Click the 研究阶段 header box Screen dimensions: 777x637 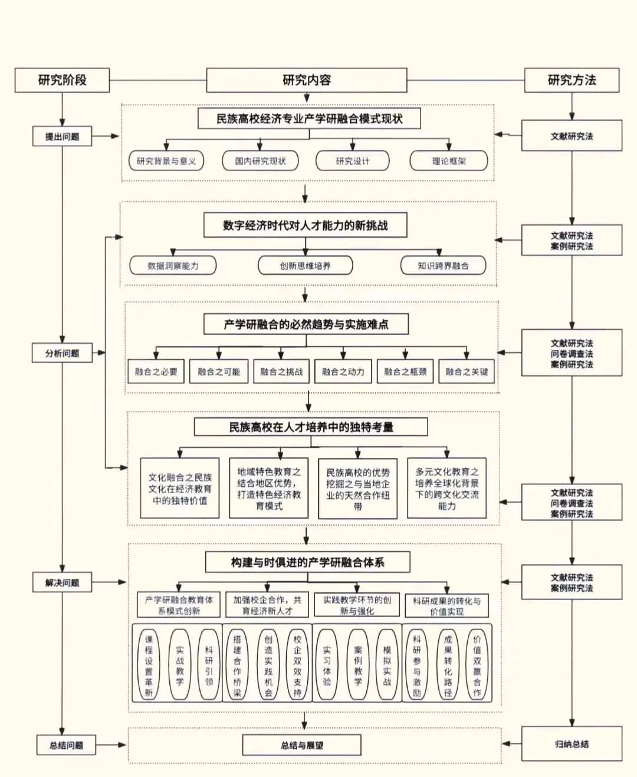[62, 80]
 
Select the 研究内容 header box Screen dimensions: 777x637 [306, 80]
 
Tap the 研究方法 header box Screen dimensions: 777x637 [572, 80]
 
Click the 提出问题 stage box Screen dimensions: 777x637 [62, 136]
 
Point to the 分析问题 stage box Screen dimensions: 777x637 [62, 353]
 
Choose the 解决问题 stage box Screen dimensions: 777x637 [62, 582]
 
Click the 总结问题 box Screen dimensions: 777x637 [66, 745]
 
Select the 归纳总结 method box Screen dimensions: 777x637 [572, 744]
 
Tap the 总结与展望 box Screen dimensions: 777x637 [301, 745]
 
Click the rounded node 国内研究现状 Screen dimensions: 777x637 [260, 160]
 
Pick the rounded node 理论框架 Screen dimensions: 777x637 [449, 160]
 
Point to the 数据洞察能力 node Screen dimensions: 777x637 [173, 265]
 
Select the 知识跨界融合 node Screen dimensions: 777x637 [443, 265]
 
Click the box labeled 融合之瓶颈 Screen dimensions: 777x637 [405, 372]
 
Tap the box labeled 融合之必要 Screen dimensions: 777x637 [156, 372]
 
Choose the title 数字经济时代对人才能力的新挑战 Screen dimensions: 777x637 [306, 225]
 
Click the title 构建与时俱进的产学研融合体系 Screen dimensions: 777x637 [307, 562]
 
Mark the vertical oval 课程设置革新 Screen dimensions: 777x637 [149, 665]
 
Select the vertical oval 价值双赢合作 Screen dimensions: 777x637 [477, 665]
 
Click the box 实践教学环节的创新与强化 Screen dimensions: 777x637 [357, 605]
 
